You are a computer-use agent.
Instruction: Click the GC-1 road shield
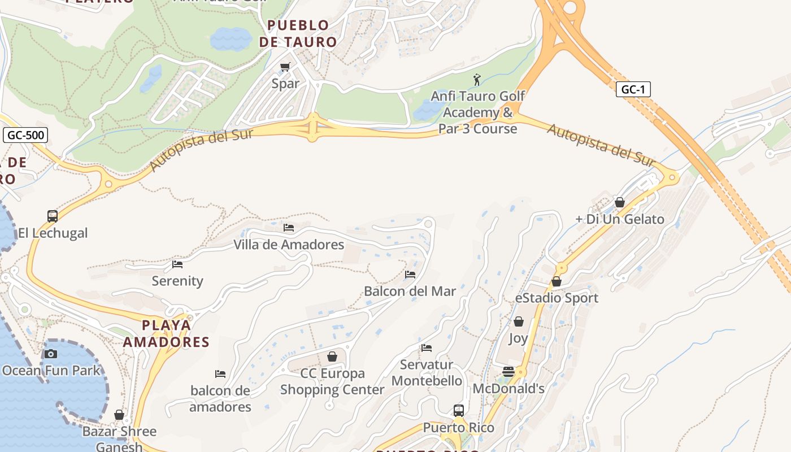click(x=633, y=89)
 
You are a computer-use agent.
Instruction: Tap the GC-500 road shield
click(x=25, y=135)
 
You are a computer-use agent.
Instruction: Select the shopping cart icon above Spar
click(x=285, y=67)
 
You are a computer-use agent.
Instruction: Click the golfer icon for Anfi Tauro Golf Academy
click(x=477, y=80)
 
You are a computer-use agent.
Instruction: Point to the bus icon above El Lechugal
click(x=53, y=216)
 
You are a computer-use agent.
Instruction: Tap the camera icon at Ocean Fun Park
click(x=51, y=354)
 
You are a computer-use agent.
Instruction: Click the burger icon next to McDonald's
click(x=508, y=372)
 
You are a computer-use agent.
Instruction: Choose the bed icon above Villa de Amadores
click(x=289, y=228)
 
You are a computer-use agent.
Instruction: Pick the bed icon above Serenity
click(x=177, y=264)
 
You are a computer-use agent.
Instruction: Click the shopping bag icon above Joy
click(x=518, y=321)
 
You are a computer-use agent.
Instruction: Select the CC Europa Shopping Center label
click(x=332, y=381)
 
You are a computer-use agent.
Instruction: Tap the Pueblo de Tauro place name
click(x=298, y=33)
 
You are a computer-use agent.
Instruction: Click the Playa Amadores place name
click(x=166, y=333)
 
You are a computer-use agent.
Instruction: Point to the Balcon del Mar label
click(x=410, y=292)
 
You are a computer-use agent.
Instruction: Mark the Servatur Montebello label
click(x=427, y=373)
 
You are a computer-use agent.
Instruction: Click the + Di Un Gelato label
click(x=620, y=219)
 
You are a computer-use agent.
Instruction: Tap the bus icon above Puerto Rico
click(x=459, y=411)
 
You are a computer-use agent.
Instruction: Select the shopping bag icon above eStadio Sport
click(x=557, y=281)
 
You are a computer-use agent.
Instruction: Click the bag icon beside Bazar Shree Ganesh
click(x=119, y=415)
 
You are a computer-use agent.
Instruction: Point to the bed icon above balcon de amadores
click(x=220, y=374)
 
